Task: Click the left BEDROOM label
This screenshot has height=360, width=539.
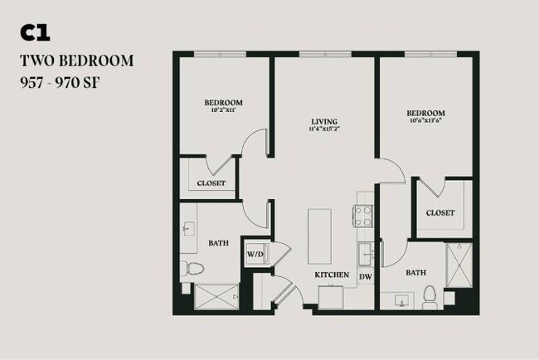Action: pos(223,103)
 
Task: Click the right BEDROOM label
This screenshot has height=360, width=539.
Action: pos(425,113)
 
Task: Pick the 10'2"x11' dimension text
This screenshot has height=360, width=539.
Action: pos(223,111)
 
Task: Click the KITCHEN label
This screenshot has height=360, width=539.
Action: pos(331,275)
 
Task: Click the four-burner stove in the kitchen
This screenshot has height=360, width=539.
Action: pos(364,216)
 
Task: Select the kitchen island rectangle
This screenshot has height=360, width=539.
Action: pos(320,236)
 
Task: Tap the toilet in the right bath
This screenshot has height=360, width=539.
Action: pos(429,294)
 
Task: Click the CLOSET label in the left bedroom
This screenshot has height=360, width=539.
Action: pos(211,183)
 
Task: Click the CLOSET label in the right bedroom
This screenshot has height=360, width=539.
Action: pos(440,213)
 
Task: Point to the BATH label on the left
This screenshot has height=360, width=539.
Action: pos(218,243)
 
